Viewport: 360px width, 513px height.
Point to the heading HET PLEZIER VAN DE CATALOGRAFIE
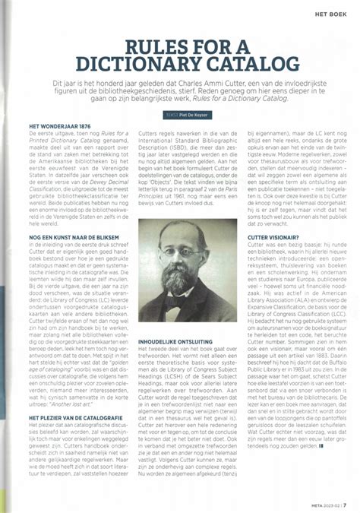pos(76,416)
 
